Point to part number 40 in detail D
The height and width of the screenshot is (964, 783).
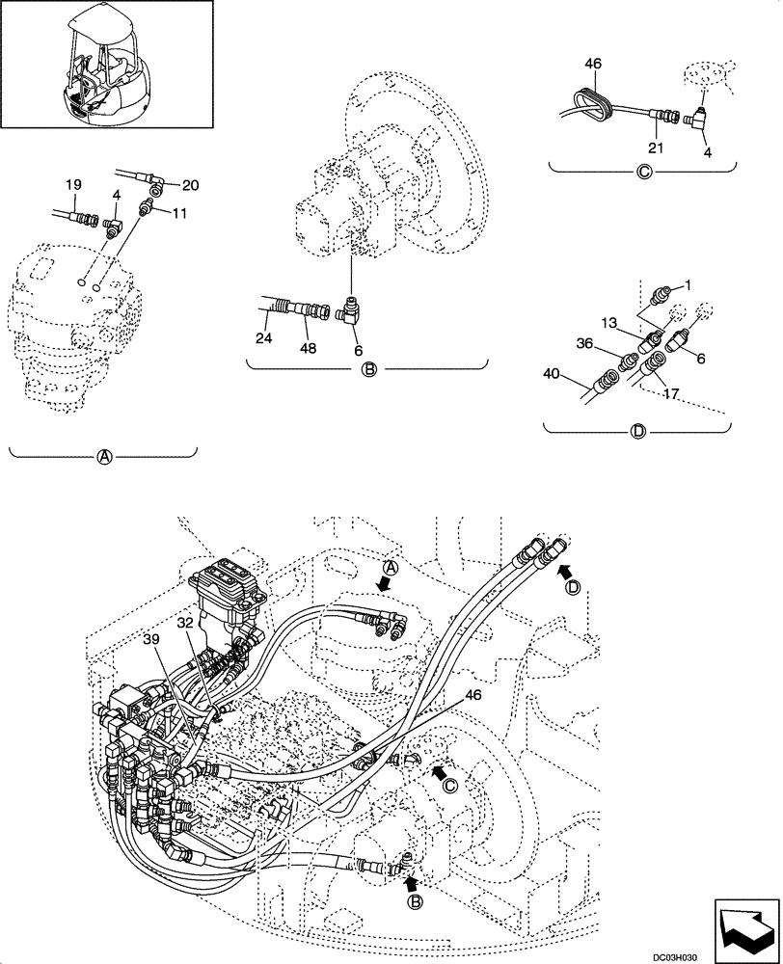point(552,374)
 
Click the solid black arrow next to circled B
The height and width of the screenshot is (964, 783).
point(411,880)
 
